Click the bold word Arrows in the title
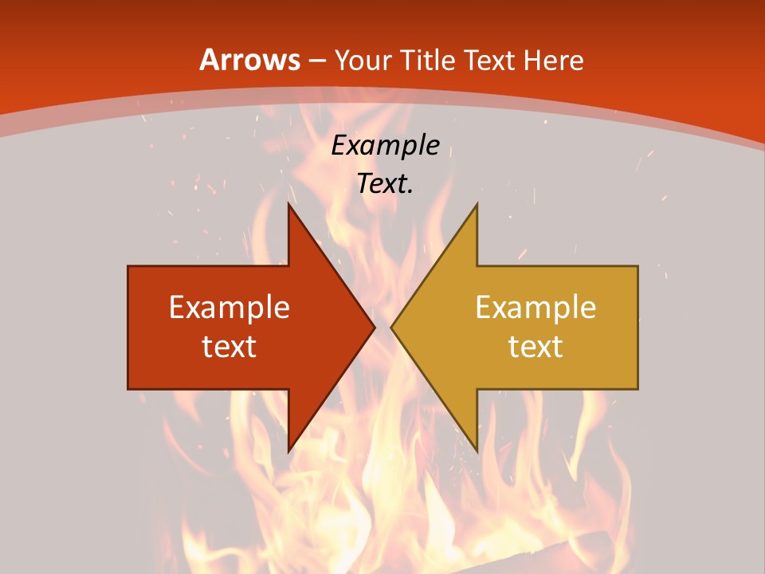pos(249,60)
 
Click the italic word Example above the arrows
pos(385,145)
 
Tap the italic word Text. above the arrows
pos(385,183)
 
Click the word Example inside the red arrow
pos(229,307)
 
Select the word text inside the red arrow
pos(229,346)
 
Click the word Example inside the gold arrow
pos(535,307)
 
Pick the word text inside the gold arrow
pos(535,346)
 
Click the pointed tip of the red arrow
pos(375,327)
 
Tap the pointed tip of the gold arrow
pos(390,327)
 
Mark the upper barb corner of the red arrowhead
pos(288,203)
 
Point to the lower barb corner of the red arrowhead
pos(288,452)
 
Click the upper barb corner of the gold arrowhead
pos(477,203)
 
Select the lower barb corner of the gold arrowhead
pos(477,452)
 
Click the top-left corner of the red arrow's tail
pos(128,266)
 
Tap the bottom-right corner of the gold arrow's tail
pos(637,389)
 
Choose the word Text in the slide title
pos(493,60)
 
